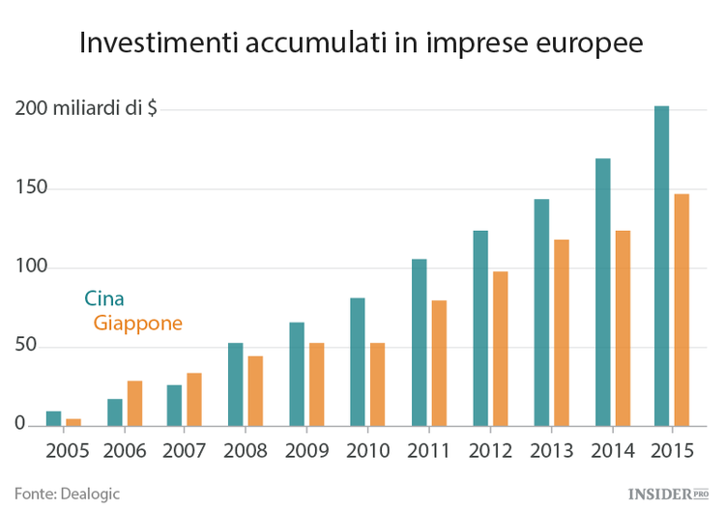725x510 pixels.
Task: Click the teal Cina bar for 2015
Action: pyautogui.click(x=661, y=266)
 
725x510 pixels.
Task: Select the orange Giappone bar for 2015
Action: pyautogui.click(x=681, y=309)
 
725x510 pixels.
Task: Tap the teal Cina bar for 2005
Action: pyautogui.click(x=54, y=418)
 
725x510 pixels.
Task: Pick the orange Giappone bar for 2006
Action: pyautogui.click(x=135, y=403)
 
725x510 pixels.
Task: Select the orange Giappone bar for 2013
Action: pyautogui.click(x=561, y=332)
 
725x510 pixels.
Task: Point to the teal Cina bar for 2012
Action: pyautogui.click(x=480, y=327)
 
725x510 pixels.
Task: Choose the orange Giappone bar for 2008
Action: pyautogui.click(x=255, y=390)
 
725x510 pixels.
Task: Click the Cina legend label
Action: pyautogui.click(x=104, y=298)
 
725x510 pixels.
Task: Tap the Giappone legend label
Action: pyautogui.click(x=137, y=324)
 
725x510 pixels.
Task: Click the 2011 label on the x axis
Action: pyautogui.click(x=428, y=450)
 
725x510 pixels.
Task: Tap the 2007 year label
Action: pyautogui.click(x=187, y=450)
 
